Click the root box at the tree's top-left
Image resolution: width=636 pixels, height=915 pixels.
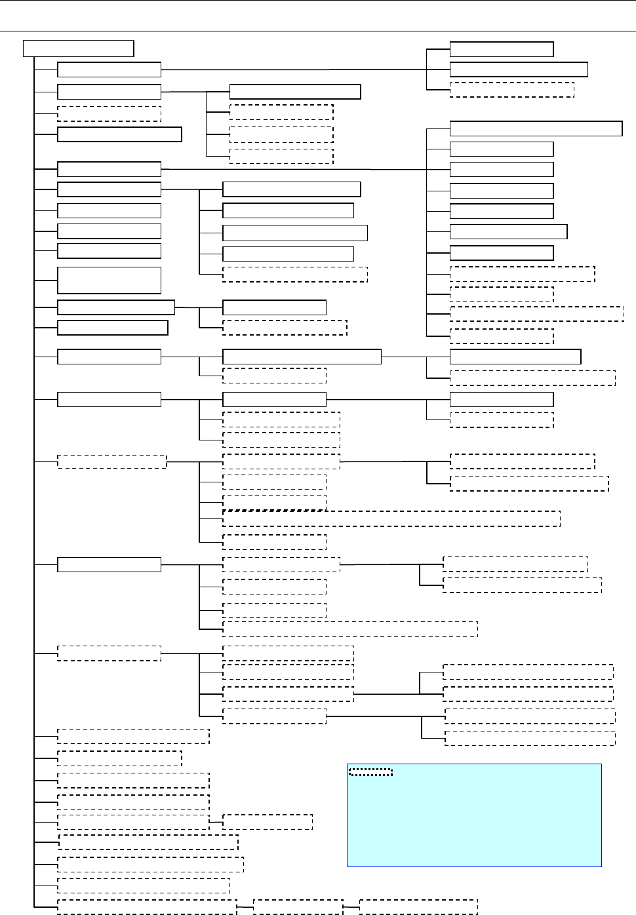[79, 49]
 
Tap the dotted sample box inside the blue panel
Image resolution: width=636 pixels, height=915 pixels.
[370, 772]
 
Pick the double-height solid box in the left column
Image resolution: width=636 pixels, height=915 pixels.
[109, 280]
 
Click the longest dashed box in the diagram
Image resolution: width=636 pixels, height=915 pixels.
[391, 518]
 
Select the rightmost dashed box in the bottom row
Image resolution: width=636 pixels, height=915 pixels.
[418, 907]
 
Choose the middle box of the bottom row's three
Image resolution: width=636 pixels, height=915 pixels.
[298, 907]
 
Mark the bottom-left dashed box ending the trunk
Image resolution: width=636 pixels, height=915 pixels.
[147, 907]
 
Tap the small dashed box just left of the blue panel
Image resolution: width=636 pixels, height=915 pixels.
[268, 822]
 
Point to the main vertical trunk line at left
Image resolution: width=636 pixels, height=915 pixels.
[33, 459]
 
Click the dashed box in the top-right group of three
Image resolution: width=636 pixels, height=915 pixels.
[512, 90]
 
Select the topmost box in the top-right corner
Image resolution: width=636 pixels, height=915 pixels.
[502, 49]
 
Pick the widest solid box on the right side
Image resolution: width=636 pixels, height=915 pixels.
[536, 128]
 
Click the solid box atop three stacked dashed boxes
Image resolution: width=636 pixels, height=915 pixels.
[295, 91]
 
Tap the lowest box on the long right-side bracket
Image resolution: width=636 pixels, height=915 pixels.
[502, 337]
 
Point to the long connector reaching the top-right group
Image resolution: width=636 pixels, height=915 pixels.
[295, 69]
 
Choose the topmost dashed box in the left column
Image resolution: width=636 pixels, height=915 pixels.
[109, 114]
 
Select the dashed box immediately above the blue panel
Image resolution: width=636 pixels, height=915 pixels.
[530, 738]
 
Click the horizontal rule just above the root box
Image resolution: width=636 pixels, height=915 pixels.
[318, 31]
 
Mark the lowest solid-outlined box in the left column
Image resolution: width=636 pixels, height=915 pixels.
[109, 564]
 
